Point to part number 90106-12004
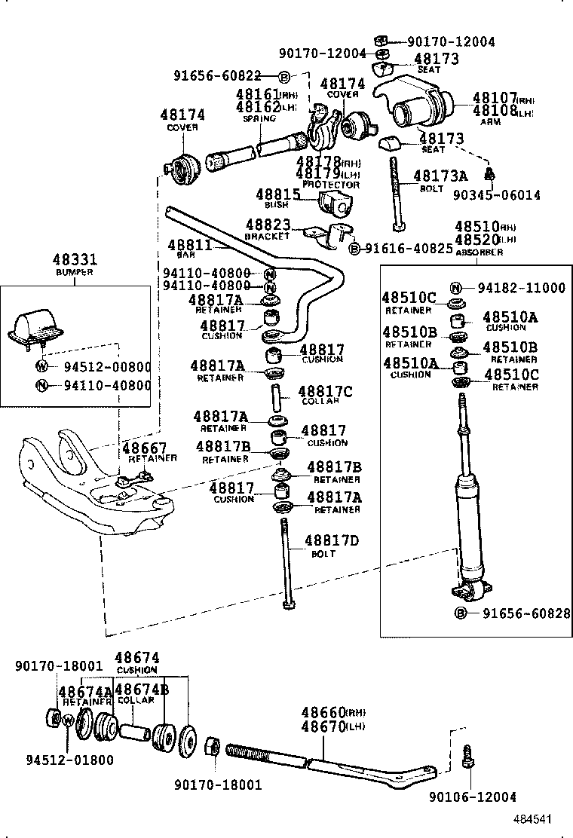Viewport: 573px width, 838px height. (473, 797)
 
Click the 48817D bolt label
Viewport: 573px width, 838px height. (331, 540)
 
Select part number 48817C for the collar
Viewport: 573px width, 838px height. (325, 391)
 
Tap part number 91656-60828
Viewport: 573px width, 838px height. (521, 613)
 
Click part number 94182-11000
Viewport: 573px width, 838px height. (521, 287)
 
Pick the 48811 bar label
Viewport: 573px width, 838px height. (189, 245)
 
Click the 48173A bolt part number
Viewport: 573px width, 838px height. (440, 176)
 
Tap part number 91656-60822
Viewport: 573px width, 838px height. (217, 75)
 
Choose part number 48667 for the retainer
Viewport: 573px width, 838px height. (145, 448)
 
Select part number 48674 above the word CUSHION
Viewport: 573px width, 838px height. (136, 658)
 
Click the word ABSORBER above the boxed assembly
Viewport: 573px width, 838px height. (479, 252)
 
